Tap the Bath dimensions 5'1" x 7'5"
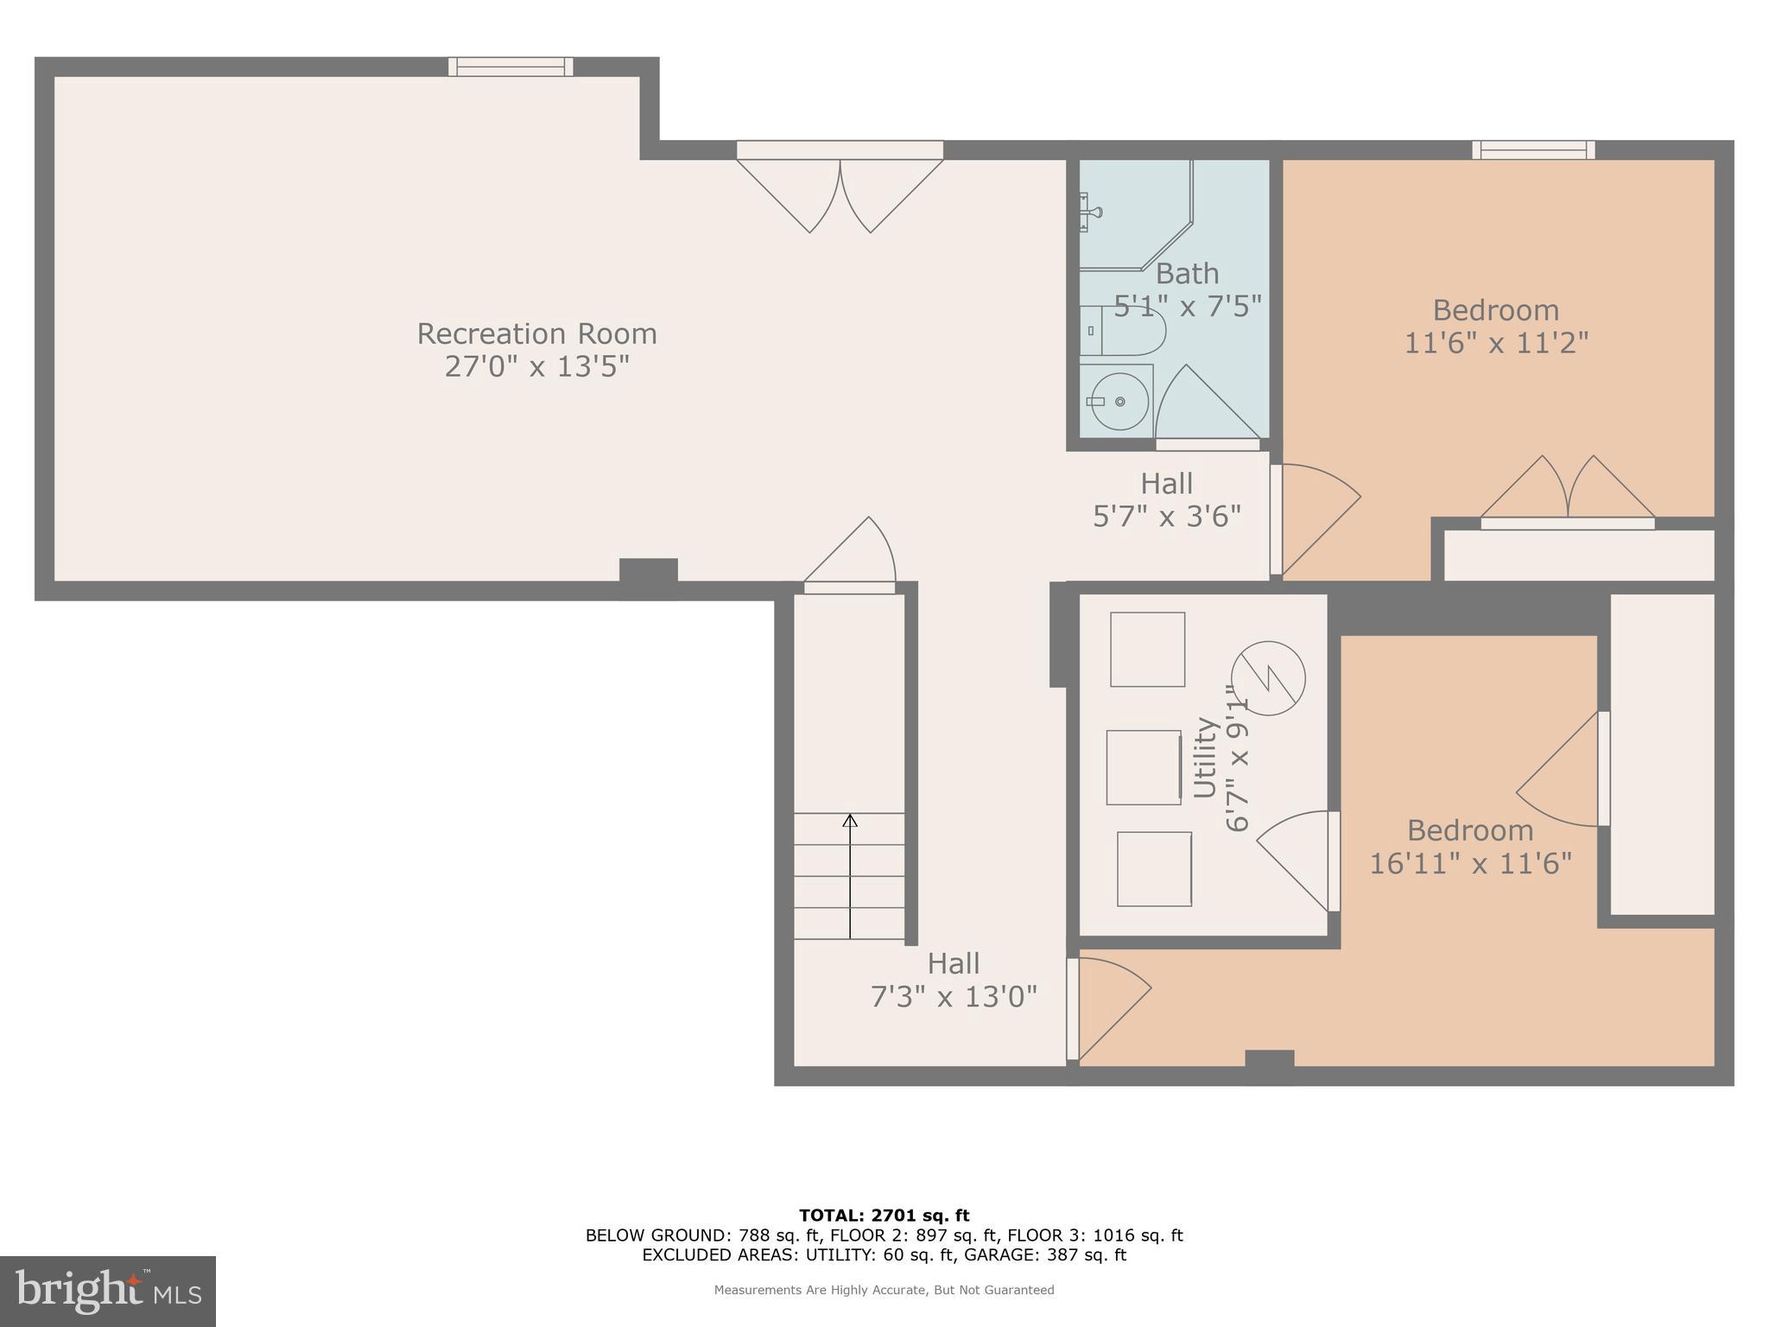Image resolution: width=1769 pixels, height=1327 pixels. [x=1188, y=306]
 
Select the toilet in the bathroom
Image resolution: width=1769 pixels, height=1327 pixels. [x=1124, y=331]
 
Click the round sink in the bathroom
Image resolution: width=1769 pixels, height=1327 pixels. [x=1119, y=401]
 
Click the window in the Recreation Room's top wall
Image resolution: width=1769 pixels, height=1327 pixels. [x=510, y=67]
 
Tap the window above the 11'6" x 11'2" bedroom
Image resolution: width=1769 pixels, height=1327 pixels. [x=1533, y=150]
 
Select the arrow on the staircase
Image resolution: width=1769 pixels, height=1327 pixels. [x=850, y=873]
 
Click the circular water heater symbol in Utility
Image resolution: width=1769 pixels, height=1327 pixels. [x=1268, y=677]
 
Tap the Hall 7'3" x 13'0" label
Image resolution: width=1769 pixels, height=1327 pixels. [x=953, y=981]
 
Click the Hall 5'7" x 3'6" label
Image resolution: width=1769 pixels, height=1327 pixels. [x=1167, y=500]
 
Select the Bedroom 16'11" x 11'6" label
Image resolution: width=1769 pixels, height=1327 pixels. [x=1470, y=847]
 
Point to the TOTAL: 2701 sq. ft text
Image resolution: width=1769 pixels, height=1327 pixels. [x=884, y=1216]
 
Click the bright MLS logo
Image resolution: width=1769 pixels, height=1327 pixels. [x=108, y=1291]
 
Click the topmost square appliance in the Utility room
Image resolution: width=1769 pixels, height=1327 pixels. [x=1147, y=649]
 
